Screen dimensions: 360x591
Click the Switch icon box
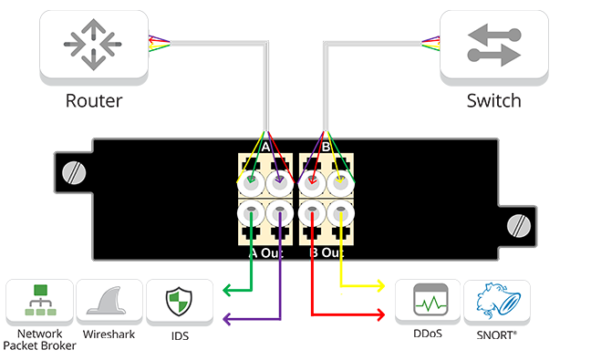tap(493, 45)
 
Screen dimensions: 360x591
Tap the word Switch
tap(493, 100)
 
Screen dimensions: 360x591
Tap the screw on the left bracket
tap(68, 171)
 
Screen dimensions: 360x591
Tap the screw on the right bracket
tap(519, 223)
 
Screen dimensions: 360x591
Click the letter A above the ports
tap(265, 146)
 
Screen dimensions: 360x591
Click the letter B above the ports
tap(326, 146)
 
